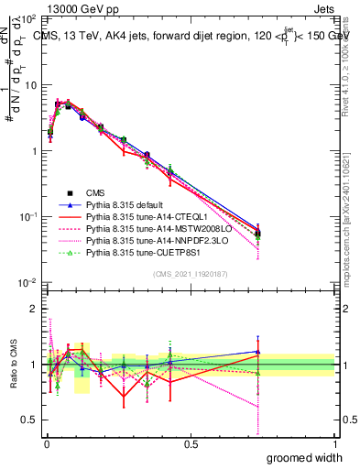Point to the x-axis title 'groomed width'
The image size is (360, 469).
tap(305, 457)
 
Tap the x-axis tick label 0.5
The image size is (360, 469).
tap(190, 444)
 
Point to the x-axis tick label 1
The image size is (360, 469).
tap(334, 444)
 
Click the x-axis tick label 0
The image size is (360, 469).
tap(46, 444)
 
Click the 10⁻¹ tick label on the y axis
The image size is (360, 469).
tap(27, 217)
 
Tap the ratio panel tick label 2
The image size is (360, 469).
tap(34, 309)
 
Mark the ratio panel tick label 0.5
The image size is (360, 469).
tap(29, 420)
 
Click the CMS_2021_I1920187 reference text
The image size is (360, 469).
tap(190, 274)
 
